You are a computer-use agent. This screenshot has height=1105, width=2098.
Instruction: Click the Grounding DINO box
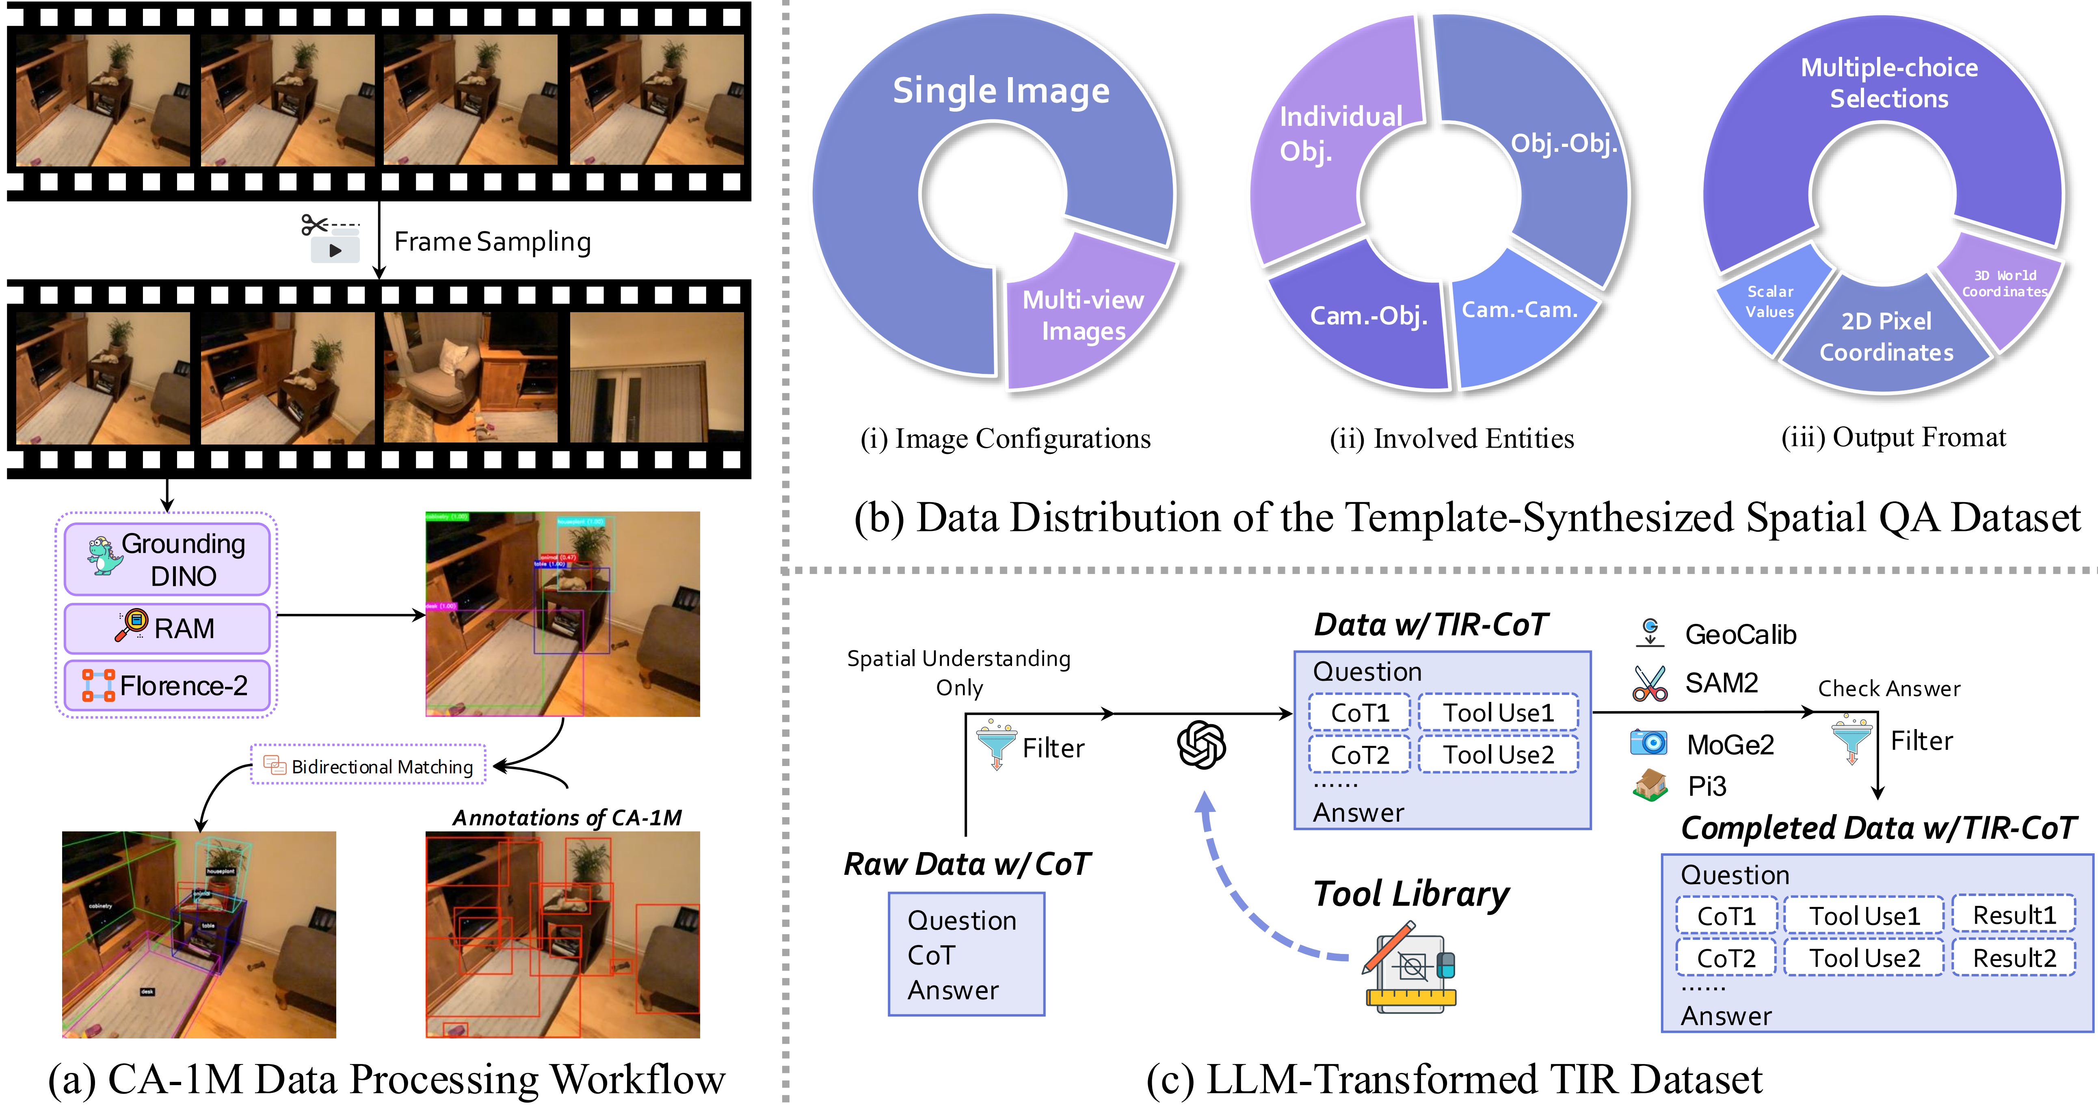pos(167,559)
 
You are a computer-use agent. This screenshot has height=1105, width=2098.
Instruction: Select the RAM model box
pos(167,628)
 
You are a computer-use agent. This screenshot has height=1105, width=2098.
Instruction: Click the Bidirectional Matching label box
pos(368,766)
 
